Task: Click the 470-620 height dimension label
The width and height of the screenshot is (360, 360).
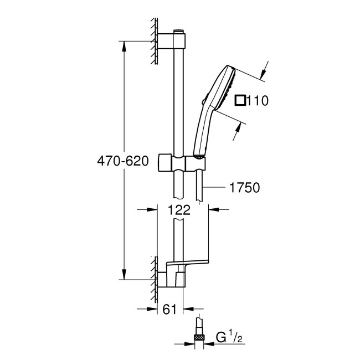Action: click(122, 161)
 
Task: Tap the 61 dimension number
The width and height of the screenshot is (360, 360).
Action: click(170, 309)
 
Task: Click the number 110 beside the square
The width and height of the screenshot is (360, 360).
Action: click(258, 101)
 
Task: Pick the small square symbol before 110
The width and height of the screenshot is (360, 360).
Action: click(240, 101)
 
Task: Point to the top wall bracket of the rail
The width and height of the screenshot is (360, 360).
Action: click(173, 41)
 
